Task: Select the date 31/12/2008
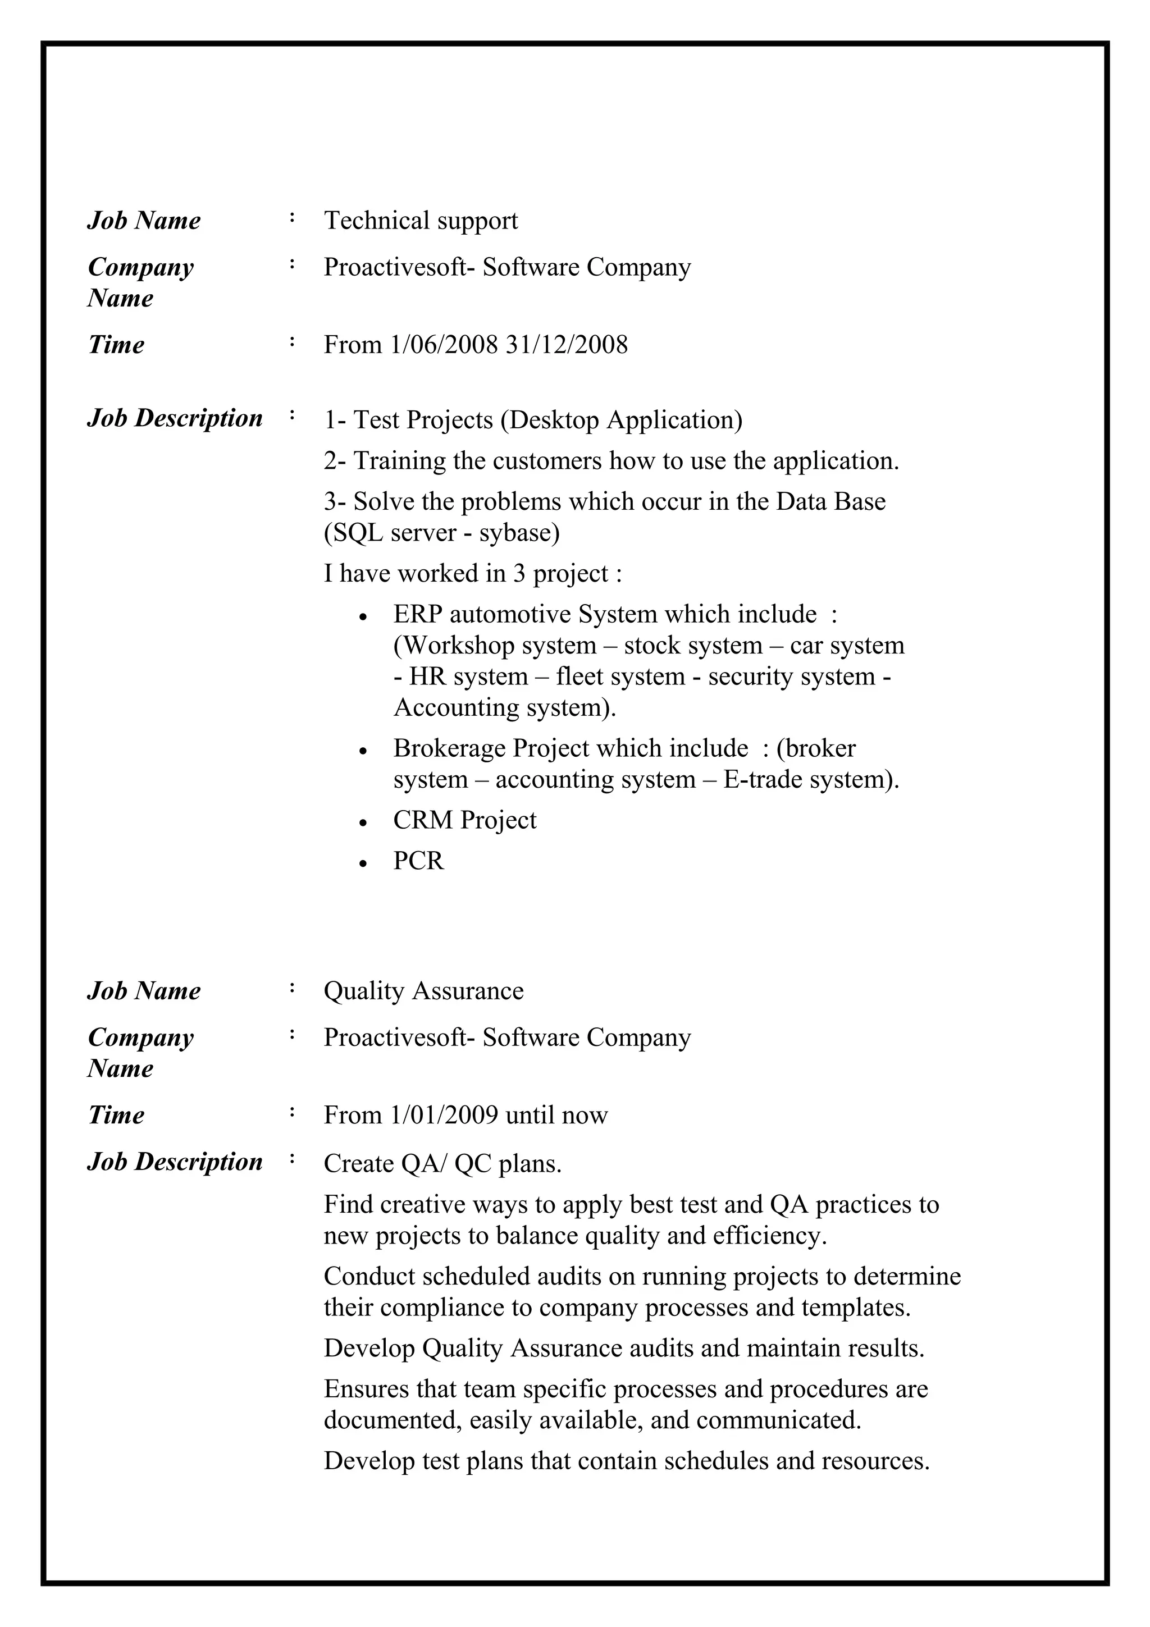click(566, 345)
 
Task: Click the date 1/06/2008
click(444, 345)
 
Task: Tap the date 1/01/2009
click(444, 1116)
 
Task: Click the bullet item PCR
click(418, 861)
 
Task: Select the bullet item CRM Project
click(464, 821)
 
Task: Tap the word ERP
click(417, 614)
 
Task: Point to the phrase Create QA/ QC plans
click(442, 1164)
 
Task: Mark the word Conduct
click(368, 1276)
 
